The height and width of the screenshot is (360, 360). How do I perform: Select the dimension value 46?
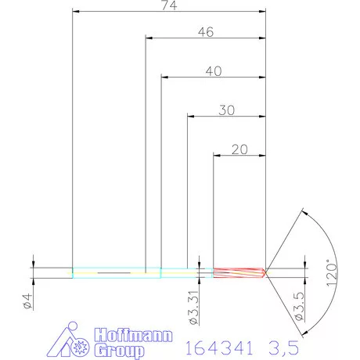pyautogui.click(x=206, y=32)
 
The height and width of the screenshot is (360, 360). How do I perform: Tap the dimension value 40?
pyautogui.click(x=214, y=70)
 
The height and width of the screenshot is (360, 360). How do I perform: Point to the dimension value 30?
pyautogui.click(x=227, y=110)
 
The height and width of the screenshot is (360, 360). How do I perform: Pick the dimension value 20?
pyautogui.click(x=240, y=149)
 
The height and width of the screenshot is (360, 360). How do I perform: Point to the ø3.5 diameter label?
pyautogui.click(x=298, y=307)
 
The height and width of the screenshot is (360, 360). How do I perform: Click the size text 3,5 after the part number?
pyautogui.click(x=283, y=345)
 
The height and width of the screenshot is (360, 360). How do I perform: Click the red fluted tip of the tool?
pyautogui.click(x=239, y=272)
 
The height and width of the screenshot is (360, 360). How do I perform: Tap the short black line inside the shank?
pyautogui.click(x=113, y=272)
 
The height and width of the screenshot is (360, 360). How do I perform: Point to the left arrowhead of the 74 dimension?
pyautogui.click(x=76, y=12)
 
